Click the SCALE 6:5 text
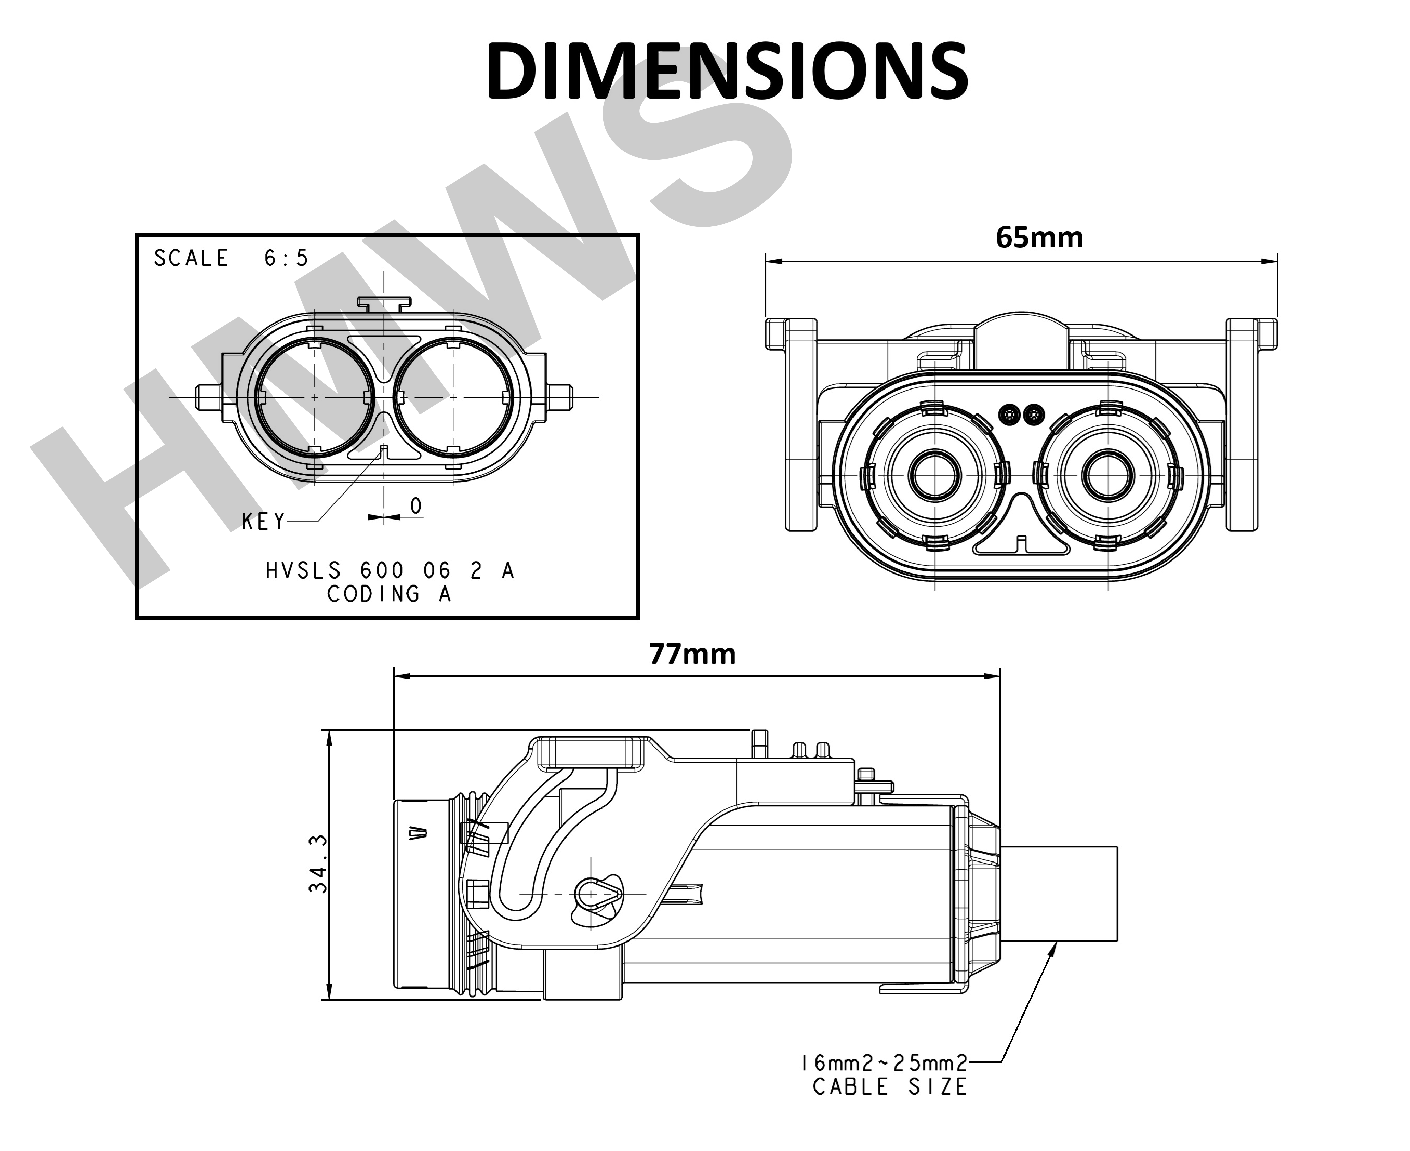click(x=231, y=258)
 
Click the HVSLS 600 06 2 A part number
click(x=389, y=570)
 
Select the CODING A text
click(x=389, y=594)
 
